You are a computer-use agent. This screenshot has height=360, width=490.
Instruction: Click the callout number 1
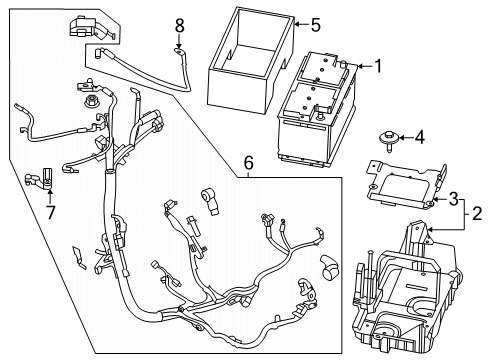378,67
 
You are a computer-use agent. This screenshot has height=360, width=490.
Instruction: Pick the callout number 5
315,24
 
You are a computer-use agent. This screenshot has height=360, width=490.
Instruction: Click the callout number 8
180,23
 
